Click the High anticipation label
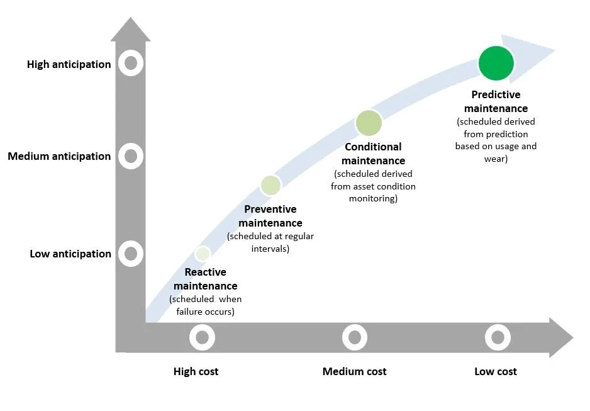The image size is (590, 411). [x=69, y=64]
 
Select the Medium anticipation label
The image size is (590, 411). [x=59, y=156]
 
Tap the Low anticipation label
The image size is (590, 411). [x=70, y=254]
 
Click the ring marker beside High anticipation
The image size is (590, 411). [x=131, y=63]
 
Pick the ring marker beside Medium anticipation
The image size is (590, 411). [x=131, y=155]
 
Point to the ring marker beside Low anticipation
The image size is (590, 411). [x=131, y=254]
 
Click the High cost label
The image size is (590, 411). [x=196, y=371]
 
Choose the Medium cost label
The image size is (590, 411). [x=354, y=371]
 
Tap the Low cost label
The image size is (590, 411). [x=496, y=371]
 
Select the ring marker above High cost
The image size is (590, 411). [x=202, y=337]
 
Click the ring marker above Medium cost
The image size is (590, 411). [x=355, y=337]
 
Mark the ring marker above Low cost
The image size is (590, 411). [x=498, y=337]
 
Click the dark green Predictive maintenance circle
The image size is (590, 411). [x=496, y=63]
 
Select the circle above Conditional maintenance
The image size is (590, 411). [x=369, y=123]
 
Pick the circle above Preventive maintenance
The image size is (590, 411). [x=270, y=185]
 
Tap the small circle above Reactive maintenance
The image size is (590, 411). [x=203, y=253]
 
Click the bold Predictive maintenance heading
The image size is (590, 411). [x=496, y=101]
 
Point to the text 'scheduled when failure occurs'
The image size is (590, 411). [x=205, y=305]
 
